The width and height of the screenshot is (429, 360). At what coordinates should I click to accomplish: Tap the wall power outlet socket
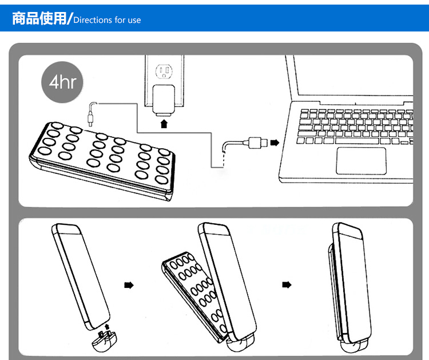tap(165, 72)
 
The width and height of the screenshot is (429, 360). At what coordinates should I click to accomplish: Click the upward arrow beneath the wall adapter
tap(165, 123)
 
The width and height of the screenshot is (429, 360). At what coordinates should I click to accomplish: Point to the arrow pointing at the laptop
tap(276, 142)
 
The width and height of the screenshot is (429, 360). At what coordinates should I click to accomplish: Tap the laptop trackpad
tap(360, 160)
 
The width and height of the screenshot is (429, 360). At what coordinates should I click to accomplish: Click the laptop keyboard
tap(355, 126)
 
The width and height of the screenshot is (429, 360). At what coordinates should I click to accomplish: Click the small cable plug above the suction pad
tap(90, 120)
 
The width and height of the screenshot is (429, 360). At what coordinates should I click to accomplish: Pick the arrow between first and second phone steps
tap(129, 284)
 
